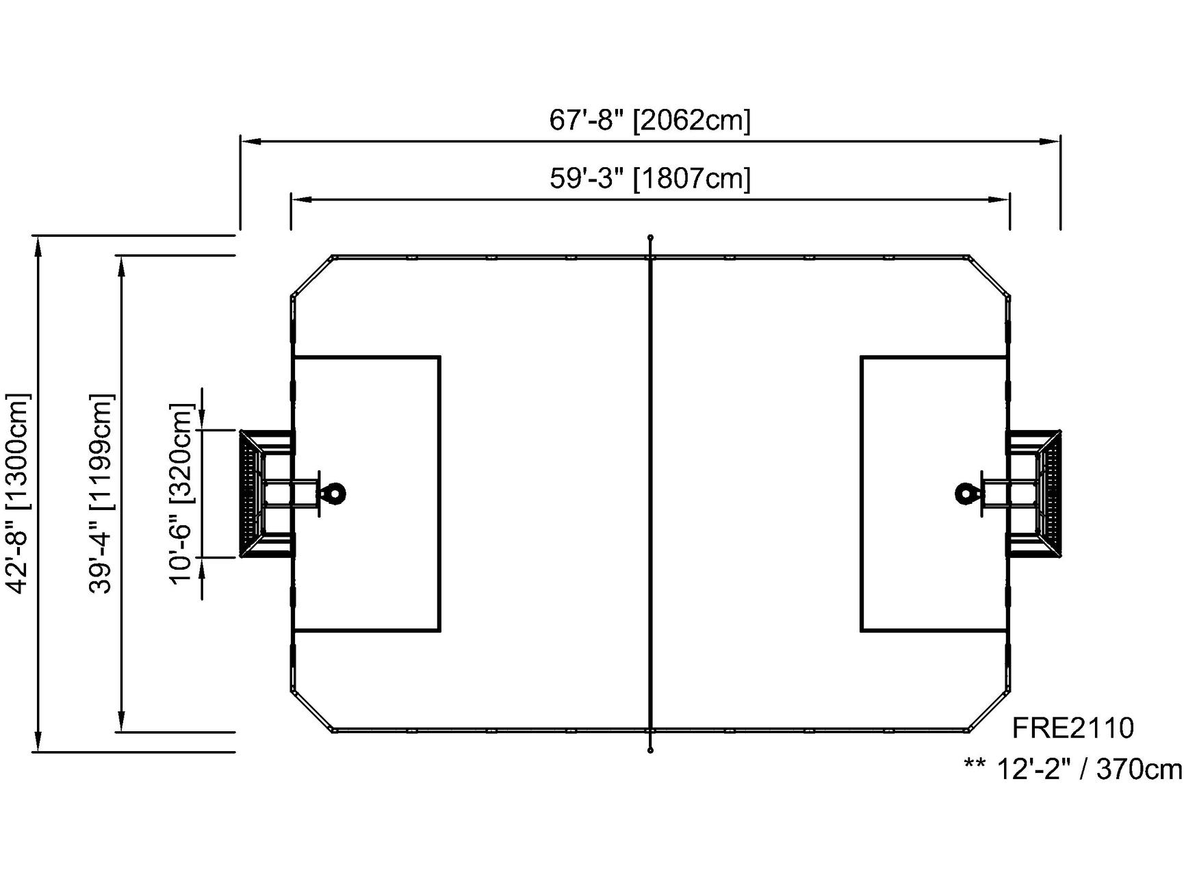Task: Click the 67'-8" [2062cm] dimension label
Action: point(650,120)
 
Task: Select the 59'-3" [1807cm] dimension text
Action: point(650,178)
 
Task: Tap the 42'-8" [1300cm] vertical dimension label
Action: point(18,493)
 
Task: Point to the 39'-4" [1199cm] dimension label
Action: point(101,493)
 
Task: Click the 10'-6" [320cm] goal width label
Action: point(183,493)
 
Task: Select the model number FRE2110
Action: point(1073,728)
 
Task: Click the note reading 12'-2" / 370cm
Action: point(1088,770)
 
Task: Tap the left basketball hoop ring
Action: point(335,493)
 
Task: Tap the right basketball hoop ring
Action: point(966,493)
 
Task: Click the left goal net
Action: point(252,493)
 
